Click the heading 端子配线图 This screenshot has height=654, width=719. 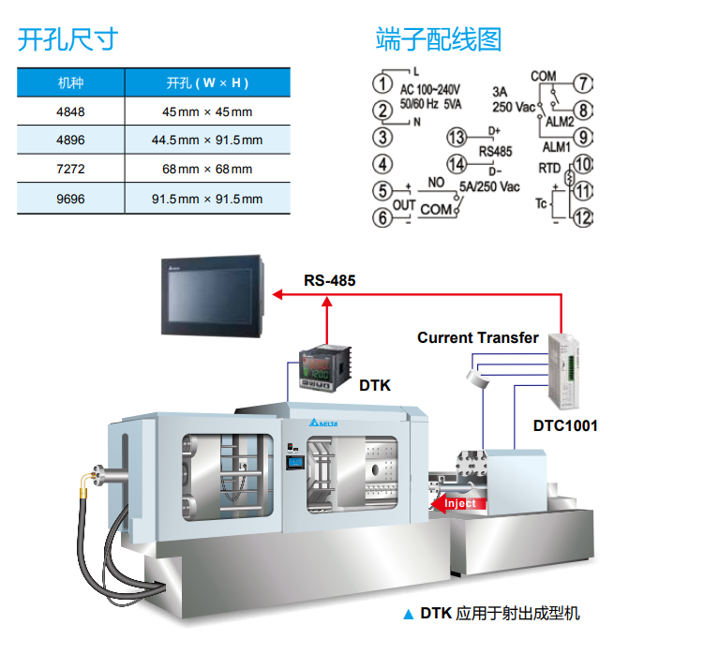tap(439, 39)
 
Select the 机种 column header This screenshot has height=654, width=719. tap(70, 83)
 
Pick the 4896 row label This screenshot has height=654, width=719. tap(70, 141)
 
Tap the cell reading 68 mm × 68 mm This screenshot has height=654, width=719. tap(207, 170)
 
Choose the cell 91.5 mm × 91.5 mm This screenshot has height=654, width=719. tap(207, 199)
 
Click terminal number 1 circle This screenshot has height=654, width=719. tap(382, 82)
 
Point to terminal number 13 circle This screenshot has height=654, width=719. tap(457, 138)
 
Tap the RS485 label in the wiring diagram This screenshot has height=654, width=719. tap(495, 151)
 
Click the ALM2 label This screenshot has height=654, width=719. tap(559, 122)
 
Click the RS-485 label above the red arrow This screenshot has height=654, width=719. tap(329, 280)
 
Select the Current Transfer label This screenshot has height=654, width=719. tap(478, 337)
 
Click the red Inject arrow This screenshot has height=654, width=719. tap(455, 503)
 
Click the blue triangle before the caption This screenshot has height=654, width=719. tap(407, 615)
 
